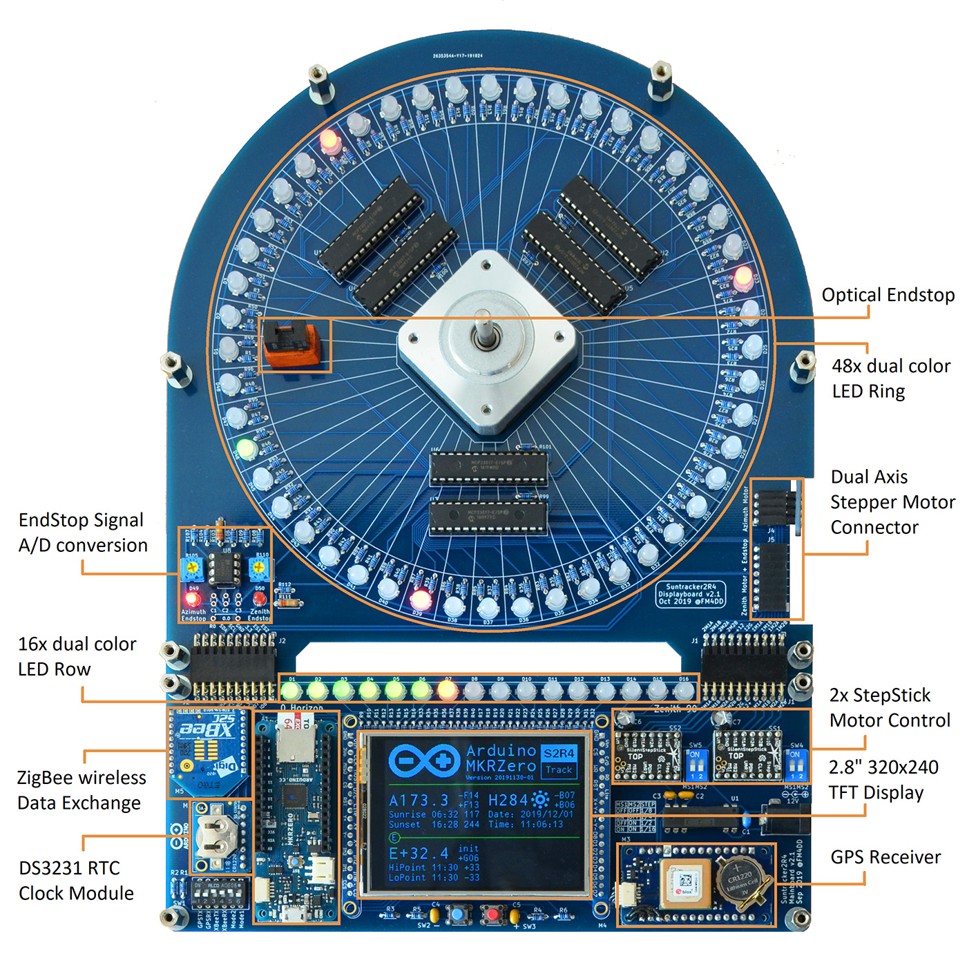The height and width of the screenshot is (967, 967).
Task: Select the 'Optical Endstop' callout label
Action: [888, 295]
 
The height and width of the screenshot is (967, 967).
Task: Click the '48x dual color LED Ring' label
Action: [890, 379]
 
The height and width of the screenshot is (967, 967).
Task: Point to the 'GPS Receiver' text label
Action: [885, 857]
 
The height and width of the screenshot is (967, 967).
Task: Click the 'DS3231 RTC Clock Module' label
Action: [76, 881]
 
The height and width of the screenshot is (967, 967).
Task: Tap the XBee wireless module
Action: [207, 749]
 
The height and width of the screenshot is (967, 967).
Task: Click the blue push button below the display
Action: [457, 915]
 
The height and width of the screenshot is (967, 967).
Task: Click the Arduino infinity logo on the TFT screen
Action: [423, 761]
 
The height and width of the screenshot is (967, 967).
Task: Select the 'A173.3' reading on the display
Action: [419, 800]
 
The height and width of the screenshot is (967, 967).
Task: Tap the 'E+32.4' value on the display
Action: [419, 854]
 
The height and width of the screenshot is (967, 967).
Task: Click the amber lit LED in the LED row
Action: [447, 689]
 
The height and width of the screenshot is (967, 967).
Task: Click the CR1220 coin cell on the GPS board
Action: [741, 880]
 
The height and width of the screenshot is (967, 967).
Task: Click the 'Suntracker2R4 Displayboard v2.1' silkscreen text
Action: [691, 594]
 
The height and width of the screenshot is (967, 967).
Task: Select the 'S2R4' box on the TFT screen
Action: [559, 753]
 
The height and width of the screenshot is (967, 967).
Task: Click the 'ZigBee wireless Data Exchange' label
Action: [82, 790]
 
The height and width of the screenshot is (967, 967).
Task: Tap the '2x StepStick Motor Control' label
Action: [890, 708]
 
